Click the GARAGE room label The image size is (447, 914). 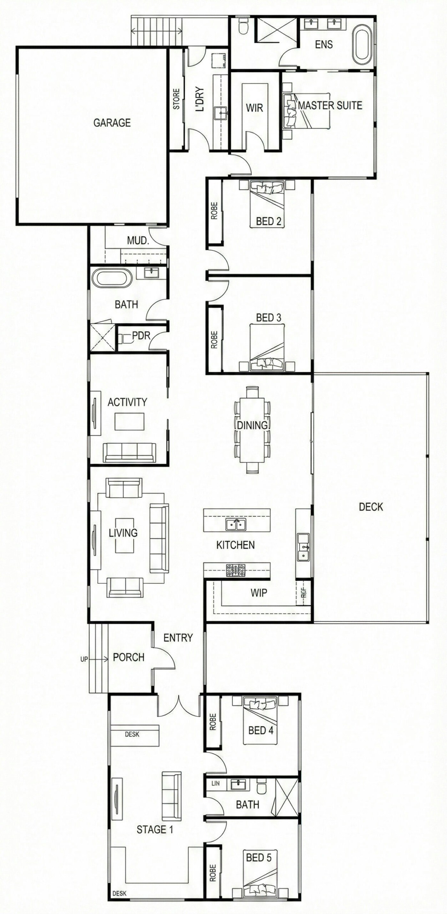point(112,123)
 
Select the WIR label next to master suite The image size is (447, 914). point(254,108)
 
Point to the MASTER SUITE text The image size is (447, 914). point(330,105)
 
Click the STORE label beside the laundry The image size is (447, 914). point(176,99)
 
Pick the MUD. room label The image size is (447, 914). point(138,241)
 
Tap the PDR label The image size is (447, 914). point(141,335)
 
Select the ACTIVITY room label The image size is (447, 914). point(127,402)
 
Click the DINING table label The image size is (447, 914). point(252,425)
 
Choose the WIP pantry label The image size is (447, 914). point(259,593)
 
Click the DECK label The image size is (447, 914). point(371,507)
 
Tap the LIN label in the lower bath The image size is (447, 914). point(215,783)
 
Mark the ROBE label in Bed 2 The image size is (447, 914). point(214,211)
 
